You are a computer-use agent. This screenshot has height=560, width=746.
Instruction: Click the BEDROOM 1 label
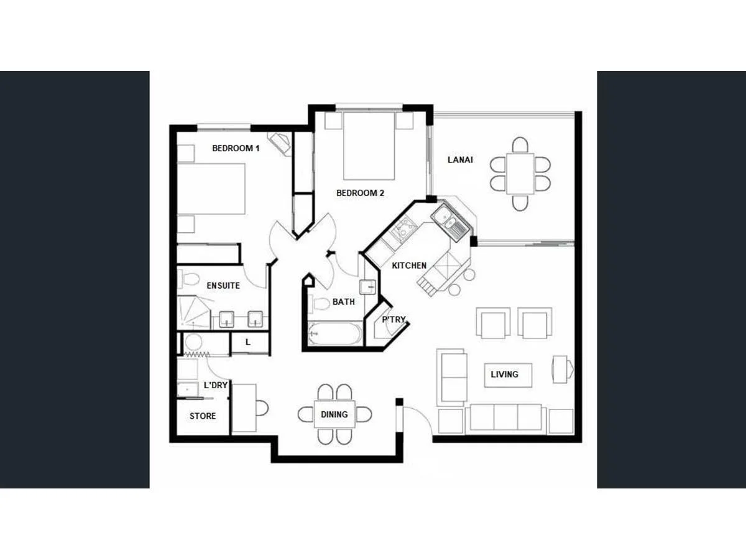click(x=236, y=148)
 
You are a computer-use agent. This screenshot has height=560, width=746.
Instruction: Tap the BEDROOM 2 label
click(x=360, y=193)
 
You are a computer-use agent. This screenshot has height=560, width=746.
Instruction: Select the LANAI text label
click(x=460, y=160)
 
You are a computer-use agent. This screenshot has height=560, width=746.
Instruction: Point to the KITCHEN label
click(x=409, y=266)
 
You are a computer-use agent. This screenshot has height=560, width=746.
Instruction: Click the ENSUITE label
click(x=223, y=286)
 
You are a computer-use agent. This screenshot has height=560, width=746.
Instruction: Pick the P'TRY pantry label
click(x=394, y=320)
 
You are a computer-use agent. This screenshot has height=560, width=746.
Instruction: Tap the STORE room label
click(x=203, y=416)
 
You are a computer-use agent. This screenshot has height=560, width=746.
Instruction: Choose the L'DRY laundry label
click(x=216, y=386)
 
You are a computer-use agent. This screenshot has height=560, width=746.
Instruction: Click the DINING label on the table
click(x=334, y=414)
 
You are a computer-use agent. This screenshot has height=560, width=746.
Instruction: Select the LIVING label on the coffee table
click(x=504, y=375)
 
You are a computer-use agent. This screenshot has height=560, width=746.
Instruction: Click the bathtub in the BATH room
click(x=334, y=334)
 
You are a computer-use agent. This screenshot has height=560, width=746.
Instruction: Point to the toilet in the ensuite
click(x=190, y=279)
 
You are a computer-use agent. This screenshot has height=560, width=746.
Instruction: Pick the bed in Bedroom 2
click(x=369, y=146)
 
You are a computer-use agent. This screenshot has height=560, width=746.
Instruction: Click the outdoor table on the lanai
click(x=520, y=174)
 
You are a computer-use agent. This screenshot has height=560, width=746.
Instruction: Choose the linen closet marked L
click(x=249, y=342)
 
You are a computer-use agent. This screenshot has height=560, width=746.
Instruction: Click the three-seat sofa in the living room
click(x=506, y=418)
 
